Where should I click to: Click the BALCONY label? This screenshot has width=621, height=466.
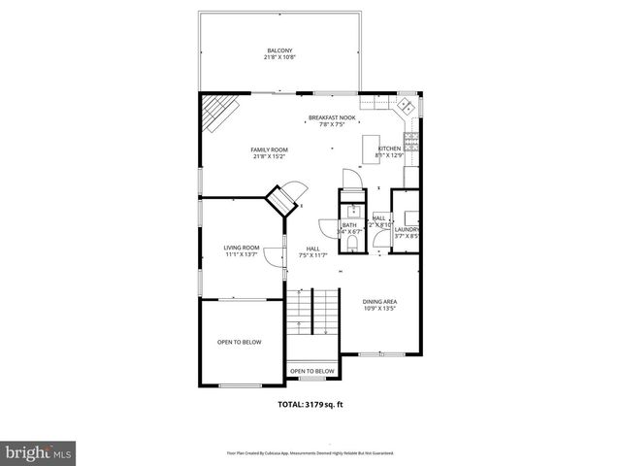click(279, 50)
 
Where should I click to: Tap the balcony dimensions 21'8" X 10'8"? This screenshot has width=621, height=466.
click(279, 57)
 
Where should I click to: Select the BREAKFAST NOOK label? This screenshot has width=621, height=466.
click(332, 117)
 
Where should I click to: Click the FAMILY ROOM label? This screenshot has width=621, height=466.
click(270, 150)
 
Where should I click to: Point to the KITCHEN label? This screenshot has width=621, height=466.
click(389, 149)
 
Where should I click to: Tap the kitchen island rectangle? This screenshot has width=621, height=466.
click(370, 150)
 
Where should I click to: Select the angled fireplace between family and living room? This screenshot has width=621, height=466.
click(282, 201)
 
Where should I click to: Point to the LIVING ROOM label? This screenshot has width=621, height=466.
click(242, 248)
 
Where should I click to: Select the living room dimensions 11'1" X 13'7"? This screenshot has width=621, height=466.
click(242, 254)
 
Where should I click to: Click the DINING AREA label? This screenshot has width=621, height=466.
click(379, 302)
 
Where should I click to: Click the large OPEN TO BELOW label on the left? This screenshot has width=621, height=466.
click(239, 342)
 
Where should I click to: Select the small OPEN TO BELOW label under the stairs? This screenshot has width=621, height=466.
click(311, 371)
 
